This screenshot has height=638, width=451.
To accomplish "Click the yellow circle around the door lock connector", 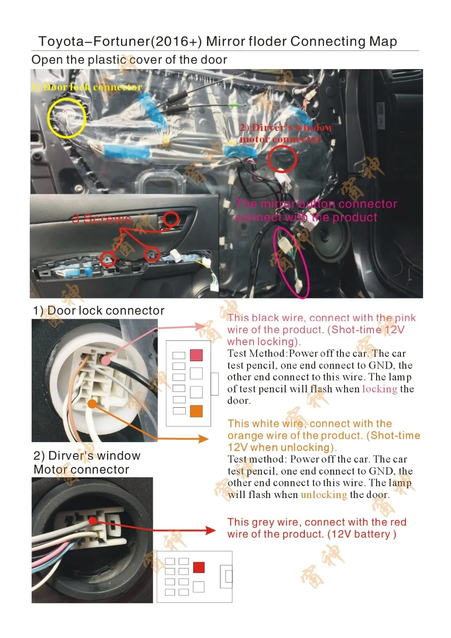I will tap(67, 117).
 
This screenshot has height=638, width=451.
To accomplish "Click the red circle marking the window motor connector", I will tap(282, 159).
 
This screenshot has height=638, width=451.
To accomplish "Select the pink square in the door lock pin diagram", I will tap(196, 355).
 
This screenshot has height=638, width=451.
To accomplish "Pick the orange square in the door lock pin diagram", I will tap(196, 411).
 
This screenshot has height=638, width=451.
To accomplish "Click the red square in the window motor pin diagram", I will tap(198, 568).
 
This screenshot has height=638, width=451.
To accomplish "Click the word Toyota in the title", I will tap(61, 42).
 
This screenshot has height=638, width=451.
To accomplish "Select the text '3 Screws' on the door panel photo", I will tap(102, 219).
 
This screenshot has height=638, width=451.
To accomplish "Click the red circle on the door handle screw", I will tap(171, 219).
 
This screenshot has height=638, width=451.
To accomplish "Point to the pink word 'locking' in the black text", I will tap(379, 389).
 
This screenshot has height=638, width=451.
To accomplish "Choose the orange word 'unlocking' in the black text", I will tap(324, 495).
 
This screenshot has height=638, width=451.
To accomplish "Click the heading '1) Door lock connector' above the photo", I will tap(99, 311).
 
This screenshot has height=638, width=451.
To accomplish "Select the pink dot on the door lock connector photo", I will tap(106, 360).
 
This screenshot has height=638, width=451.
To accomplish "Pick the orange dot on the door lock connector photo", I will tap(92, 404).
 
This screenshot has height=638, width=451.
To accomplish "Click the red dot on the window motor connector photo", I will tap(93, 521).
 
